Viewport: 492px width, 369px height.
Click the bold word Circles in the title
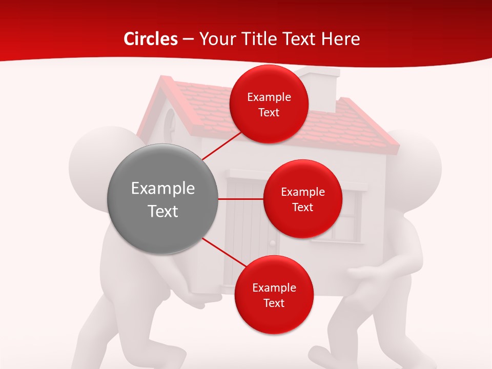pyautogui.click(x=151, y=39)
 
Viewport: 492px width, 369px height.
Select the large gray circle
pyautogui.click(x=163, y=199)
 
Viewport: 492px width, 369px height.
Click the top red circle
pyautogui.click(x=269, y=104)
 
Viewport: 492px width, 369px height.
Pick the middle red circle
pyautogui.click(x=302, y=199)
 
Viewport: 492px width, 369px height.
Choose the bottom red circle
pyautogui.click(x=274, y=295)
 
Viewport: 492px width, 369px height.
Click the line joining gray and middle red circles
pyautogui.click(x=241, y=199)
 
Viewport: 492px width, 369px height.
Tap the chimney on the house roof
pyautogui.click(x=321, y=87)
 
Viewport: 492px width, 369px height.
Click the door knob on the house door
pyautogui.click(x=273, y=242)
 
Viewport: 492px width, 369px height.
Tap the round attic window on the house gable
pyautogui.click(x=171, y=123)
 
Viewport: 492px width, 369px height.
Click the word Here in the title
pyautogui.click(x=341, y=39)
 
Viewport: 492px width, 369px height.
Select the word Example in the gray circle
pyautogui.click(x=163, y=189)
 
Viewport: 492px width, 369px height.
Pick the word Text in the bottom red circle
pyautogui.click(x=274, y=303)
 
